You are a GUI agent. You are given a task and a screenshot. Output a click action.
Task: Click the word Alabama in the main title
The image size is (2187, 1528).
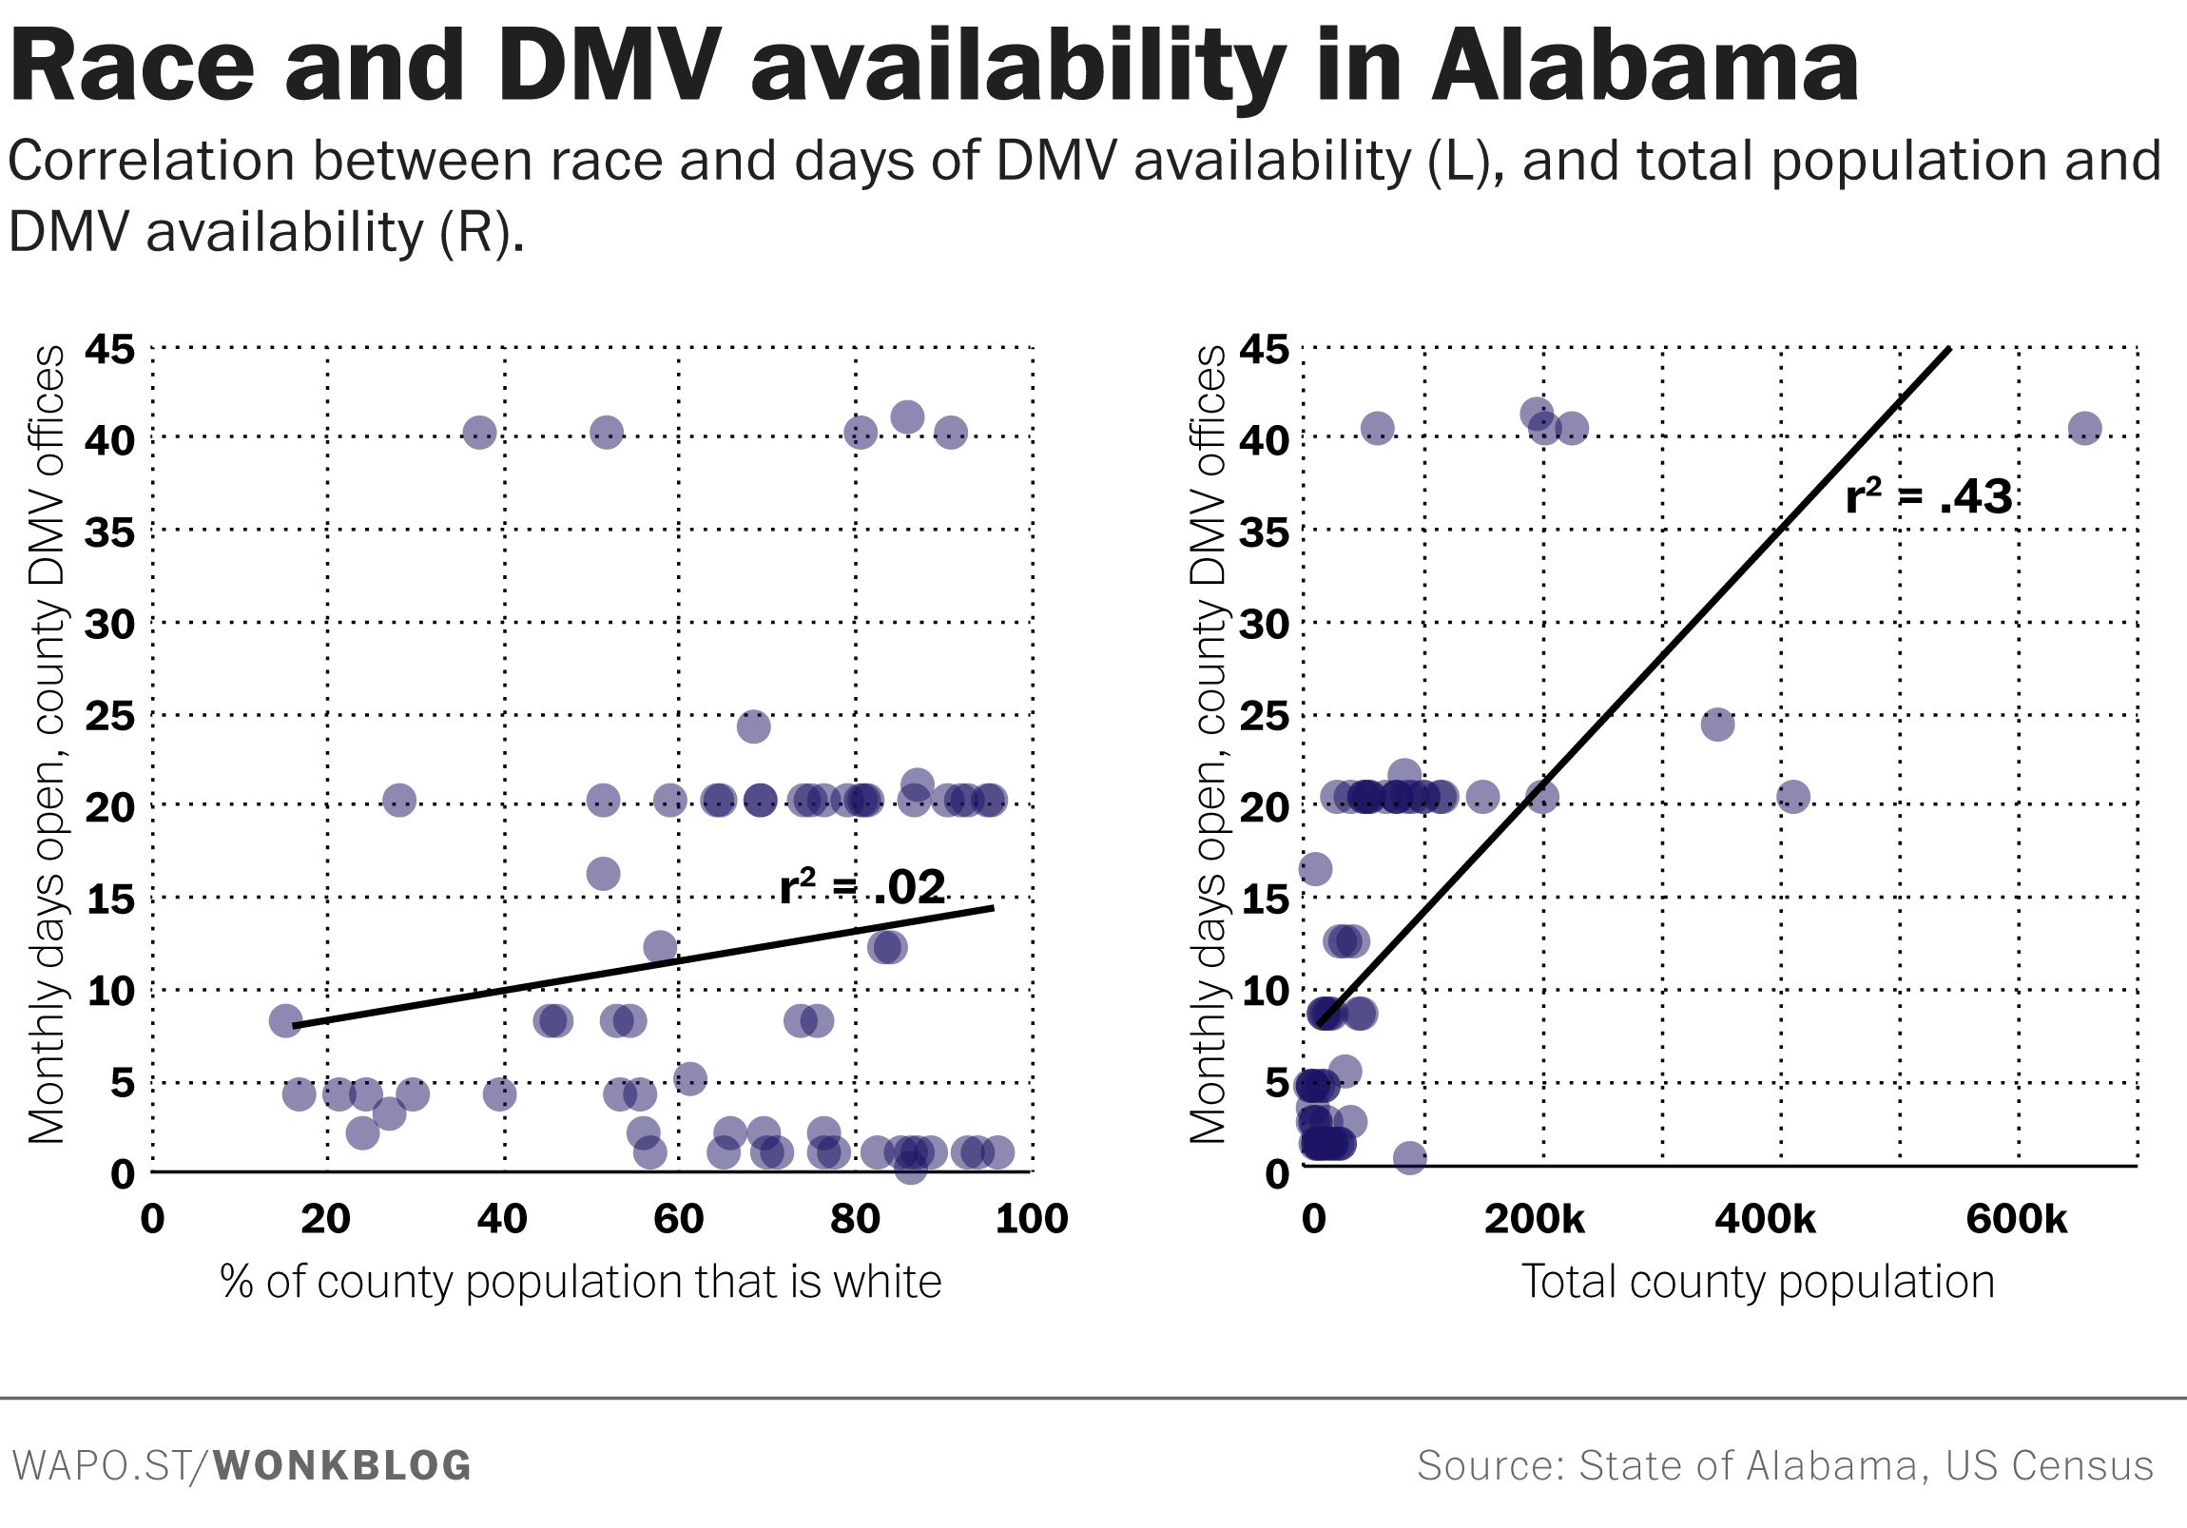[1644, 67]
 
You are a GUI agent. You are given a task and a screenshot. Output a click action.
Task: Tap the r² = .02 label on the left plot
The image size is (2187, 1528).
[862, 887]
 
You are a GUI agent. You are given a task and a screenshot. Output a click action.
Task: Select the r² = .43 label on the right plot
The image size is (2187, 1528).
[1928, 496]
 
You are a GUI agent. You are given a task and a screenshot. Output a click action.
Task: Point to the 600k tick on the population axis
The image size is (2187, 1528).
[2017, 1219]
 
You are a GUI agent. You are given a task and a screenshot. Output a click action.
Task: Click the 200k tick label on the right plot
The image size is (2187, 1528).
[1534, 1219]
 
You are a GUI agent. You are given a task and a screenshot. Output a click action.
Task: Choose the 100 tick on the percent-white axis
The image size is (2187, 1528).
[1032, 1219]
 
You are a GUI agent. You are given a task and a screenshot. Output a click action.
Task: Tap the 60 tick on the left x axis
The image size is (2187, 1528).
[678, 1219]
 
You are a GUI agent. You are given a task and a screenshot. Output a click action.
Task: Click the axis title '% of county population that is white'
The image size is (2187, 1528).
[580, 1283]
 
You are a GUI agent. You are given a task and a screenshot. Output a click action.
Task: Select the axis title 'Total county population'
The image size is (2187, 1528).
[1757, 1283]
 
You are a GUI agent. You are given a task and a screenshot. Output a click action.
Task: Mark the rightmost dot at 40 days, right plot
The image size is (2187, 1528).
[2085, 428]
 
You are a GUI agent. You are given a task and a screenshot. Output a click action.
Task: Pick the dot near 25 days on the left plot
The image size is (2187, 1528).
[753, 726]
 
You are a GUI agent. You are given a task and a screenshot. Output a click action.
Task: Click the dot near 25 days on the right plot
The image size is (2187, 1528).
[1717, 725]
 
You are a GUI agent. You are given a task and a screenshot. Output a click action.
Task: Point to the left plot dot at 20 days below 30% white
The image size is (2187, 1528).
[399, 801]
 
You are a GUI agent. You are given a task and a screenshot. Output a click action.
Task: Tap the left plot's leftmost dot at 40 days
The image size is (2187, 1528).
[479, 433]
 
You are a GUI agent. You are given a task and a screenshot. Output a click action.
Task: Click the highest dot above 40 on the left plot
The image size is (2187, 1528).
[907, 416]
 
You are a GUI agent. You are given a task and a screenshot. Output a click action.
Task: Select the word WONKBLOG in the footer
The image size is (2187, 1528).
[342, 1466]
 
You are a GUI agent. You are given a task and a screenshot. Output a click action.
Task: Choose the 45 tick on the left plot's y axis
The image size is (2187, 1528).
[109, 350]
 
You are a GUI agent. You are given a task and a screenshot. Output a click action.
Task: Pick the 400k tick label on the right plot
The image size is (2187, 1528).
[1765, 1219]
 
